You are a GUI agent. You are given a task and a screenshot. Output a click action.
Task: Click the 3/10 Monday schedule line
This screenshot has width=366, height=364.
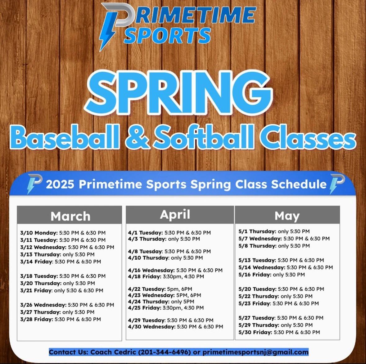coord(63,233)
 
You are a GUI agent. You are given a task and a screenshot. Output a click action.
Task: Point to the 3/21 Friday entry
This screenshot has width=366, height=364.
coord(62,290)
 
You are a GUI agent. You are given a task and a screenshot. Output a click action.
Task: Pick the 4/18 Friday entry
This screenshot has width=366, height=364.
coord(166,276)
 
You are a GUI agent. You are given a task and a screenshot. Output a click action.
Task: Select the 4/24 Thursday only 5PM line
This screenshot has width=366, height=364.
coord(161,302)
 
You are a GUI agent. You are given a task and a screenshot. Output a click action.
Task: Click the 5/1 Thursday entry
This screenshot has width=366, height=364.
coord(274,231)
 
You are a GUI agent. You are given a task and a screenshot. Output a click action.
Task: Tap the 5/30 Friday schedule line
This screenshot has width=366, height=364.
coord(279,332)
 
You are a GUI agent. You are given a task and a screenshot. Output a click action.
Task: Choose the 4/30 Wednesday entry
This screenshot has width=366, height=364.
coord(175,327)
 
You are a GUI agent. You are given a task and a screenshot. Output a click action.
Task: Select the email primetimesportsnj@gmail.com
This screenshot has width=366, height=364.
coord(255,352)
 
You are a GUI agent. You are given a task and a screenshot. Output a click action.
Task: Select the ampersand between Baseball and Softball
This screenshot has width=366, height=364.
coord(137,138)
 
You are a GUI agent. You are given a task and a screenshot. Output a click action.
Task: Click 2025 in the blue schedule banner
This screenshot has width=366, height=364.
coord(60,184)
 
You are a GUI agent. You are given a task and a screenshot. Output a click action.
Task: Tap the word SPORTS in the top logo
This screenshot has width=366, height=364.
coord(167,35)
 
